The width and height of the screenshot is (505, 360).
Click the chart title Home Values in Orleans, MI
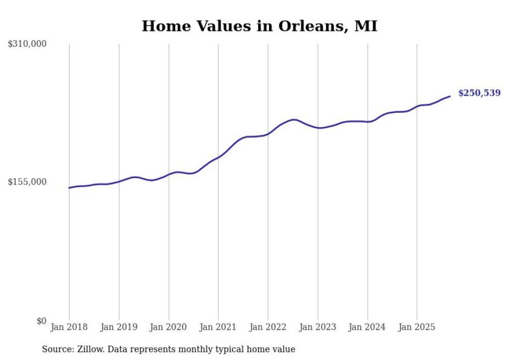click(x=259, y=26)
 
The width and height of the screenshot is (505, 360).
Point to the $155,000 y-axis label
click(x=27, y=182)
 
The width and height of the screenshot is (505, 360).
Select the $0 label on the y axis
click(x=41, y=321)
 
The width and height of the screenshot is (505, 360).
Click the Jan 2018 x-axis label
click(x=69, y=327)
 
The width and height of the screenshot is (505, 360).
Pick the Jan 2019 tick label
click(x=119, y=327)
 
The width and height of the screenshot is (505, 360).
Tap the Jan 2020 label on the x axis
click(x=169, y=327)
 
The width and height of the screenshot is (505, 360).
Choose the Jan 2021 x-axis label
click(x=218, y=327)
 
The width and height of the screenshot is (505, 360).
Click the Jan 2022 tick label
click(x=268, y=327)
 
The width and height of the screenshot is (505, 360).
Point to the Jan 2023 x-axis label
click(x=317, y=327)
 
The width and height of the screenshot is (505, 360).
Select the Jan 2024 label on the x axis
click(x=367, y=327)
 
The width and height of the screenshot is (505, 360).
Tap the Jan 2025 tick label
click(x=417, y=327)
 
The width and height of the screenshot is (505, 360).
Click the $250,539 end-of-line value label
click(x=479, y=93)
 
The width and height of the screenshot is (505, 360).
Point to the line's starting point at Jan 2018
click(x=69, y=187)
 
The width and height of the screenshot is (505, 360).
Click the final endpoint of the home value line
click(x=450, y=96)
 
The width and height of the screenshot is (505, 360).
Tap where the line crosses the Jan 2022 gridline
click(x=268, y=133)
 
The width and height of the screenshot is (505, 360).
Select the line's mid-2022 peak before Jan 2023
click(x=294, y=119)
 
